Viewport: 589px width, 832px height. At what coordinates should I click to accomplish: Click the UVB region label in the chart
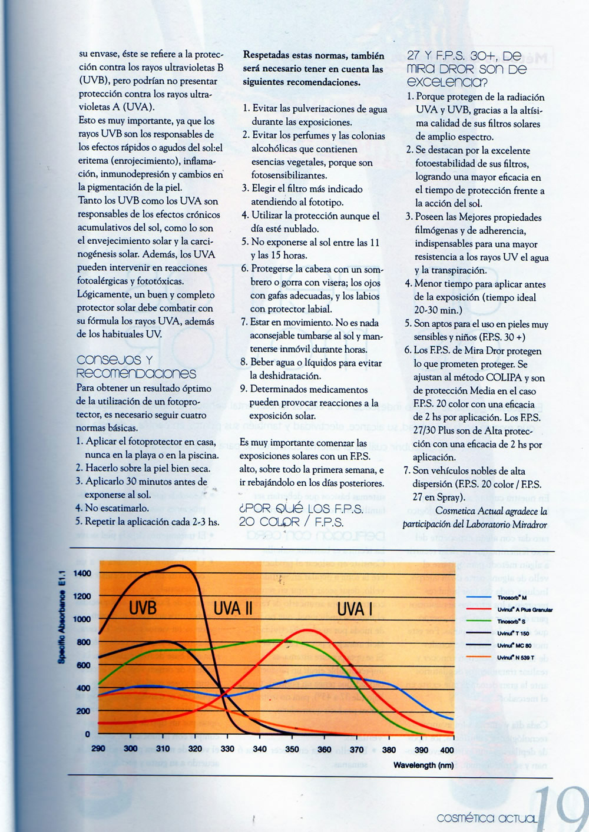click(143, 607)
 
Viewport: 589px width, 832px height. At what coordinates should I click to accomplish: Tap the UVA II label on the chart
click(233, 608)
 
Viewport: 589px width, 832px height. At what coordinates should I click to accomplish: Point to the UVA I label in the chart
click(354, 609)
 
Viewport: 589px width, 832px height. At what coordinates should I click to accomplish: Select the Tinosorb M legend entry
click(511, 598)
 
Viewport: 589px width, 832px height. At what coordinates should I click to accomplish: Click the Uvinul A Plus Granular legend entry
click(524, 609)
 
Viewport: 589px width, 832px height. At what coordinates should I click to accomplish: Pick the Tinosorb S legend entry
click(511, 621)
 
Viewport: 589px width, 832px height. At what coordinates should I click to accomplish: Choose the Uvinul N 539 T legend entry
click(515, 657)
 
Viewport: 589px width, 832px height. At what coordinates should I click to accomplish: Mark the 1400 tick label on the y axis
click(82, 574)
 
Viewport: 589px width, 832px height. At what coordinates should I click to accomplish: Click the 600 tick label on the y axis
click(84, 665)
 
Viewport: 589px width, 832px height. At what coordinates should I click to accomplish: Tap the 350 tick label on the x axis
click(292, 750)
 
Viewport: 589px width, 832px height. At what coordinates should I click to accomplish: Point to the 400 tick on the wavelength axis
click(447, 750)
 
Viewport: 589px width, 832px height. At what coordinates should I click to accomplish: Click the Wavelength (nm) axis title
click(423, 765)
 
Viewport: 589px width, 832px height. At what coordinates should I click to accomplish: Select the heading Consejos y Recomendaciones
click(136, 366)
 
